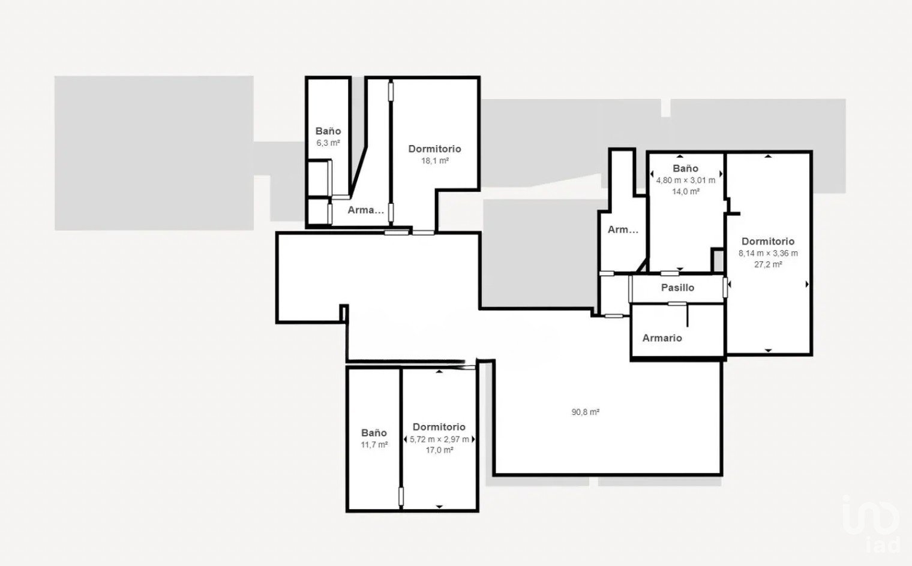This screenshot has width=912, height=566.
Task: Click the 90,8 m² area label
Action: [585, 412]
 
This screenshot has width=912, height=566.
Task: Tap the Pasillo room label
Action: [677, 288]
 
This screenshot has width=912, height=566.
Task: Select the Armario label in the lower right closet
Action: [662, 338]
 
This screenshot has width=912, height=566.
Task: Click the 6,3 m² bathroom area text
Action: [328, 143]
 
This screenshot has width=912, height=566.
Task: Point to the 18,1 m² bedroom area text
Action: [435, 161]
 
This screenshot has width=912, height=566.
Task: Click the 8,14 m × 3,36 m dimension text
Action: [768, 253]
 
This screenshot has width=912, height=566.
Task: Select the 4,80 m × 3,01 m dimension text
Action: [686, 180]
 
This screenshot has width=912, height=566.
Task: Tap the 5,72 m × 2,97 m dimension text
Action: [439, 439]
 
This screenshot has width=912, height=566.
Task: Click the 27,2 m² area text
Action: [768, 264]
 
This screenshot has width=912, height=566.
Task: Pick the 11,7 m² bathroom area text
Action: [374, 445]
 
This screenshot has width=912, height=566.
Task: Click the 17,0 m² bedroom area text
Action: [439, 450]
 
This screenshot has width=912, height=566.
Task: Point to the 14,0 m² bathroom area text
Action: [686, 191]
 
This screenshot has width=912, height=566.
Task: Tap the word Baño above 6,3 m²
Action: [328, 131]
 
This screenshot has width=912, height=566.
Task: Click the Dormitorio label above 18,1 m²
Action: [435, 149]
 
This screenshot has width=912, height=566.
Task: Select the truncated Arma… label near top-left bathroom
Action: [365, 210]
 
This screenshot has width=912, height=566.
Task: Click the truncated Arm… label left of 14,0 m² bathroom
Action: [623, 230]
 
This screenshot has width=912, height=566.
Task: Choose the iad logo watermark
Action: [871, 524]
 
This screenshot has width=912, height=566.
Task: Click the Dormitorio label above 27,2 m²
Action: [768, 241]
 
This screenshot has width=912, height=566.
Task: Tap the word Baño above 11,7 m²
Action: [374, 433]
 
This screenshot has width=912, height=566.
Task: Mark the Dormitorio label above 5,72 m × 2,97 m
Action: [439, 427]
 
